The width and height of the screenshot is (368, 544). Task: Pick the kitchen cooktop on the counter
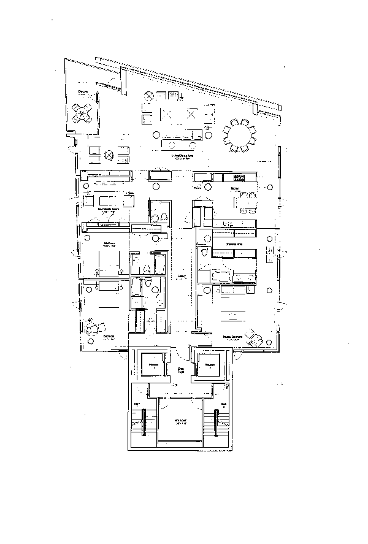click(238, 177)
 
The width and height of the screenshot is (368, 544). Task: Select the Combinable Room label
click(109, 209)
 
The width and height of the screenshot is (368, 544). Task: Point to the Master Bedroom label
click(231, 337)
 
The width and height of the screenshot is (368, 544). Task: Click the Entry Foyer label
click(180, 370)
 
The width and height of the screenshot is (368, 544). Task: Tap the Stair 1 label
click(137, 404)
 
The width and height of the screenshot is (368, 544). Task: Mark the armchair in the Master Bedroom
click(253, 337)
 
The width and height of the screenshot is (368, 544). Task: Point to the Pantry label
click(198, 188)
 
